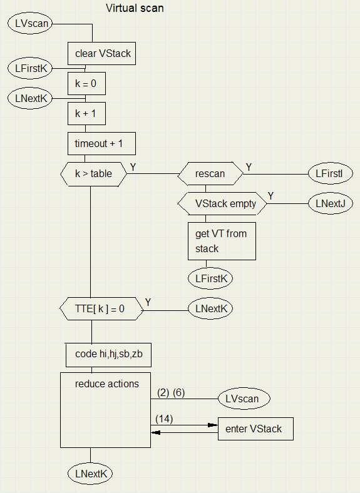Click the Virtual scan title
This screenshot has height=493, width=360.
pyautogui.click(x=135, y=8)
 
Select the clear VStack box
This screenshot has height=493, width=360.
pyautogui.click(x=101, y=53)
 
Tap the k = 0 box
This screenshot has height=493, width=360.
pyautogui.click(x=86, y=84)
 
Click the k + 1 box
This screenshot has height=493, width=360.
pyautogui.click(x=86, y=113)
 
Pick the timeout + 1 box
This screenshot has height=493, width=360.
pyautogui.click(x=101, y=144)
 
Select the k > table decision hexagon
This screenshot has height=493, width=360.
pyautogui.click(x=93, y=174)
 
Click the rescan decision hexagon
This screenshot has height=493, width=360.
pyautogui.click(x=210, y=173)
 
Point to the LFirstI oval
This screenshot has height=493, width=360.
pyautogui.click(x=330, y=173)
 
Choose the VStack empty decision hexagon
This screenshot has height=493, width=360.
pyautogui.click(x=222, y=204)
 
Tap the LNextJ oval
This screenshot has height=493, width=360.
pyautogui.click(x=330, y=203)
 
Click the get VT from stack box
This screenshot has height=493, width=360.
pyautogui.click(x=222, y=241)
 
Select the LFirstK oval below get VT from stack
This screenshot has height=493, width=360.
pyautogui.click(x=210, y=278)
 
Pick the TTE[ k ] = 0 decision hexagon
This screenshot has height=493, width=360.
pyautogui.click(x=101, y=309)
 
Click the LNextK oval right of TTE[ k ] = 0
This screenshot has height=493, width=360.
pyautogui.click(x=210, y=309)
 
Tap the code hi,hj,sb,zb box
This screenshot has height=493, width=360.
pyautogui.click(x=108, y=355)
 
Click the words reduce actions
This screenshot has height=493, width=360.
pyautogui.click(x=107, y=384)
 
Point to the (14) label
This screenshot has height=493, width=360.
pyautogui.click(x=164, y=419)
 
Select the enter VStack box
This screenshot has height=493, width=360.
pyautogui.click(x=255, y=429)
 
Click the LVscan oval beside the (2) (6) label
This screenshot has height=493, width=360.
pyautogui.click(x=244, y=399)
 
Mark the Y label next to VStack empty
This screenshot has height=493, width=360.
pyautogui.click(x=270, y=196)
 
